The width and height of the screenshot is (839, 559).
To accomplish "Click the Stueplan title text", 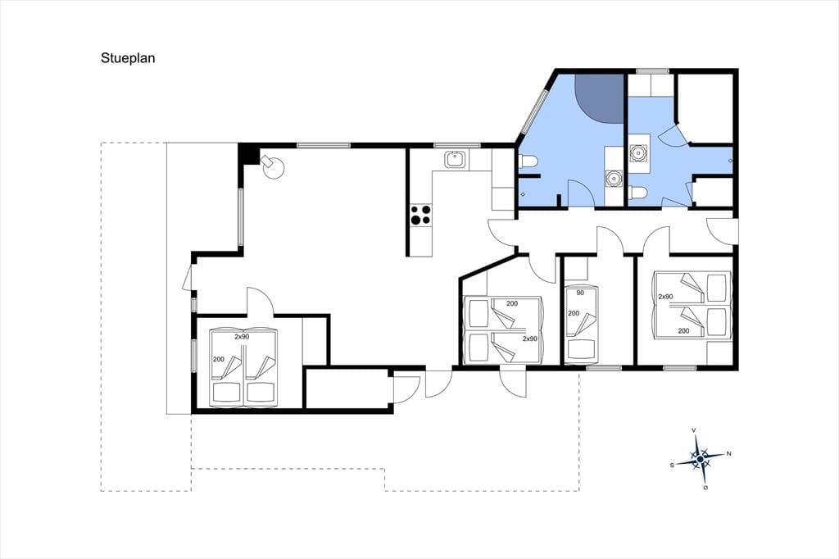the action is [x=128, y=58].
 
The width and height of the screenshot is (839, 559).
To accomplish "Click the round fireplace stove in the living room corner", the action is [x=273, y=166].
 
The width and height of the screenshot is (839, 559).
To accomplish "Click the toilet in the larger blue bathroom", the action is [x=528, y=161].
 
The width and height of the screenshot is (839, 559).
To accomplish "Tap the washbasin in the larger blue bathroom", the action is [x=614, y=178].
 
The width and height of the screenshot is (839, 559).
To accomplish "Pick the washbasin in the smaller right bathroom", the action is [x=638, y=153].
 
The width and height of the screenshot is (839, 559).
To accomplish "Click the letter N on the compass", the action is [x=728, y=454].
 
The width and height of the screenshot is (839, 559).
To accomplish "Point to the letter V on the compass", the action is [x=694, y=430].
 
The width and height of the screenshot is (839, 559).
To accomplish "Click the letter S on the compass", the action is [x=672, y=466].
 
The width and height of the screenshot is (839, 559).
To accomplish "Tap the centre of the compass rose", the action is [x=700, y=459].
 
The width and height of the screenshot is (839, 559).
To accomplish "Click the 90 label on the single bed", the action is [x=580, y=293].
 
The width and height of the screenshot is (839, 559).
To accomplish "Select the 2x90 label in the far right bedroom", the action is [x=665, y=297].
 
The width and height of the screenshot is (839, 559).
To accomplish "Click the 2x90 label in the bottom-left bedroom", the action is [x=242, y=337].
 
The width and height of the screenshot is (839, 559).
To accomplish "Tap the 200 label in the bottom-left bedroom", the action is [x=218, y=359].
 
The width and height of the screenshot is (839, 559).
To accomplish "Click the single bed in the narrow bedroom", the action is [x=582, y=324].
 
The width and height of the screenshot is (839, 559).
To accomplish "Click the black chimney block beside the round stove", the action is [x=247, y=154].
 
